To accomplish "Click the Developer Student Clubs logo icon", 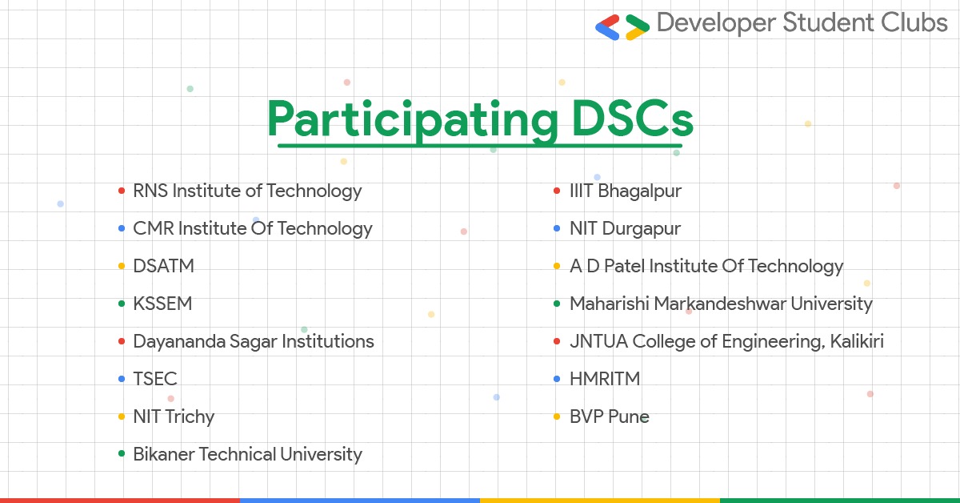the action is pos(622,27).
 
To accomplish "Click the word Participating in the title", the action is pos(413,120).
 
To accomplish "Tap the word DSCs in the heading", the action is pos(633,118).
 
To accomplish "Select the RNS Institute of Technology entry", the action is pos(247,191).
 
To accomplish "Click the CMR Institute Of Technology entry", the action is pos(253,228).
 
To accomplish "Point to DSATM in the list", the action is pos(163,266).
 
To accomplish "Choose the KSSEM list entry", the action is pos(162,304).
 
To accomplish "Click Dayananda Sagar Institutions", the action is pos(254,342).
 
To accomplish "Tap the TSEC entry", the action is pos(154,379).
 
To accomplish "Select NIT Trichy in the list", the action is pos(174,416).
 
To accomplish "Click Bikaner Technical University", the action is pos(247,454).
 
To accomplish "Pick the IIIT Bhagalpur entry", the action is pos(626,191).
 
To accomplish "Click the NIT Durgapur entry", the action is pos(625,228).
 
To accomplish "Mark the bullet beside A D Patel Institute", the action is pos(557,266).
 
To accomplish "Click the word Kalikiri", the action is pos(856,341).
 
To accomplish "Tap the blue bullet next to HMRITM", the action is pos(557,379).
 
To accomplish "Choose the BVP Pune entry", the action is pos(609,416).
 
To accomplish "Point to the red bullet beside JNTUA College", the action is pos(557,342).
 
